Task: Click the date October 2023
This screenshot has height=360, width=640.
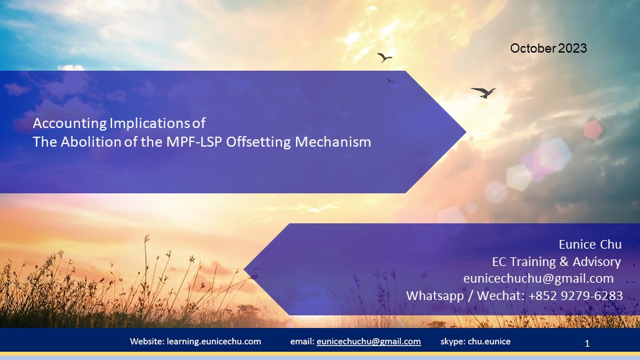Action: click(x=548, y=48)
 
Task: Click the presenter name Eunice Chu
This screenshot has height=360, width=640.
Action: click(x=589, y=244)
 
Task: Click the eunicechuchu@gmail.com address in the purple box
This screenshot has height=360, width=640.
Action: click(x=538, y=278)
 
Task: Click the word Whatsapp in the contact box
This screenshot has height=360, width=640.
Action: click(x=434, y=295)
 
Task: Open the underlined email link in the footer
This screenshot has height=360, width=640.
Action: click(x=369, y=341)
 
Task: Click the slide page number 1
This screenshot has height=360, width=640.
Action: click(x=587, y=344)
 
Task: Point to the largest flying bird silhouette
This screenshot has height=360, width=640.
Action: click(x=483, y=92)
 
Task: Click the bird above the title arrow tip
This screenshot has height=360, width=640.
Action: click(x=385, y=57)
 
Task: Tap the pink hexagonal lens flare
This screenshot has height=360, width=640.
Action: click(x=593, y=128)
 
